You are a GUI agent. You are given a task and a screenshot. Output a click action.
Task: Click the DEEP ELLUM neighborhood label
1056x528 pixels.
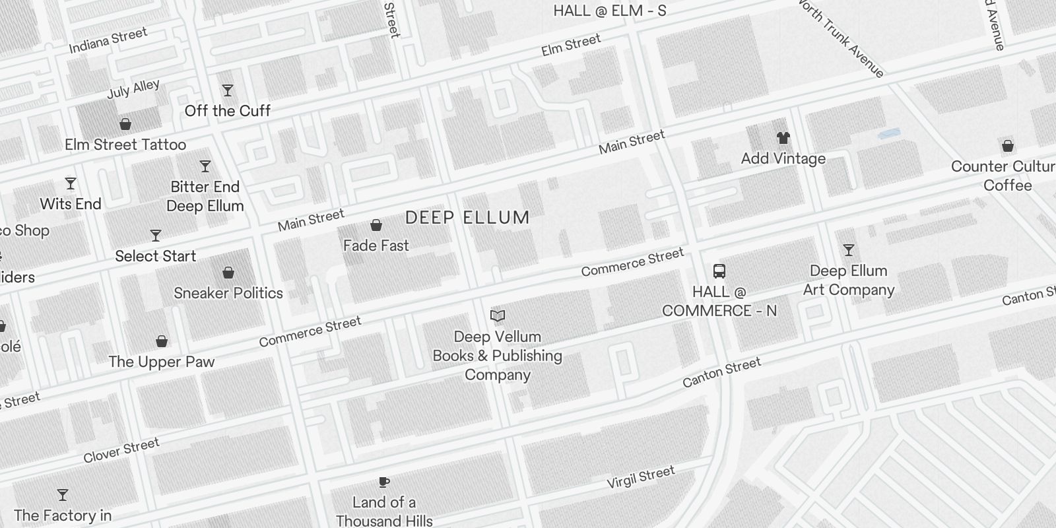(x=467, y=218)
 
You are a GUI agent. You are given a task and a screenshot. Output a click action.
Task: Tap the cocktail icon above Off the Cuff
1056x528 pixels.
(x=228, y=90)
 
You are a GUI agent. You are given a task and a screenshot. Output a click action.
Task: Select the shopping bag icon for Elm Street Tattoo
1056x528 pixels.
(x=125, y=124)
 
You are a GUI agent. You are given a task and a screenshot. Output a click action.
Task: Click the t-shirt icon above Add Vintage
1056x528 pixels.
(x=783, y=138)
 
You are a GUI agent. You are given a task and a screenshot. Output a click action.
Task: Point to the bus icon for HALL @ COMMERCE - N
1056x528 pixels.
(x=719, y=271)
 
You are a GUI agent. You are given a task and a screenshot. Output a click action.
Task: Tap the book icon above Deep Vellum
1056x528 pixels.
(x=498, y=316)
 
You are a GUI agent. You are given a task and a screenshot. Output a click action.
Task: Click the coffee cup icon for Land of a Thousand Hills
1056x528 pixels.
(x=384, y=482)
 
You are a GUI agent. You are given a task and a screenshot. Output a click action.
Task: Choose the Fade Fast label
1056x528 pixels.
(x=376, y=246)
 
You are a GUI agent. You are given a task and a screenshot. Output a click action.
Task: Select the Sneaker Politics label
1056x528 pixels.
(x=228, y=293)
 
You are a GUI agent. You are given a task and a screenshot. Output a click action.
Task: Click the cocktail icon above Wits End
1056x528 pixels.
(x=71, y=183)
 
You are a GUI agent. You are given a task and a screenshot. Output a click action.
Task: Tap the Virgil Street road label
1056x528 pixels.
(x=641, y=477)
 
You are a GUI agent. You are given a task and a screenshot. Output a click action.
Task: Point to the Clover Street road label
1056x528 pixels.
(x=121, y=450)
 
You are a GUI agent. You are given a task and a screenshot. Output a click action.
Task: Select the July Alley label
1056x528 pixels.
(x=133, y=89)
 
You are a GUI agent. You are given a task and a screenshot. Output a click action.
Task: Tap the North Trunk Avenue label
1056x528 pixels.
(x=841, y=38)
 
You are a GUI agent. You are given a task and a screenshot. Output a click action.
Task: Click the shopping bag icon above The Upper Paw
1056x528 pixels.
(x=162, y=341)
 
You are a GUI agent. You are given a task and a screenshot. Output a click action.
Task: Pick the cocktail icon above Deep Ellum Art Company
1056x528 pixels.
(x=849, y=250)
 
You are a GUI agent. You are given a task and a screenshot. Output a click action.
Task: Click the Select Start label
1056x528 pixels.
(x=156, y=256)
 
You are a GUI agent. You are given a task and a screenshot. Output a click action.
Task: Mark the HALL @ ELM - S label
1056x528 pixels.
(x=609, y=11)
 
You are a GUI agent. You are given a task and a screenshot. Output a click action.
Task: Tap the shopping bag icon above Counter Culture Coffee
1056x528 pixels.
(x=1008, y=146)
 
